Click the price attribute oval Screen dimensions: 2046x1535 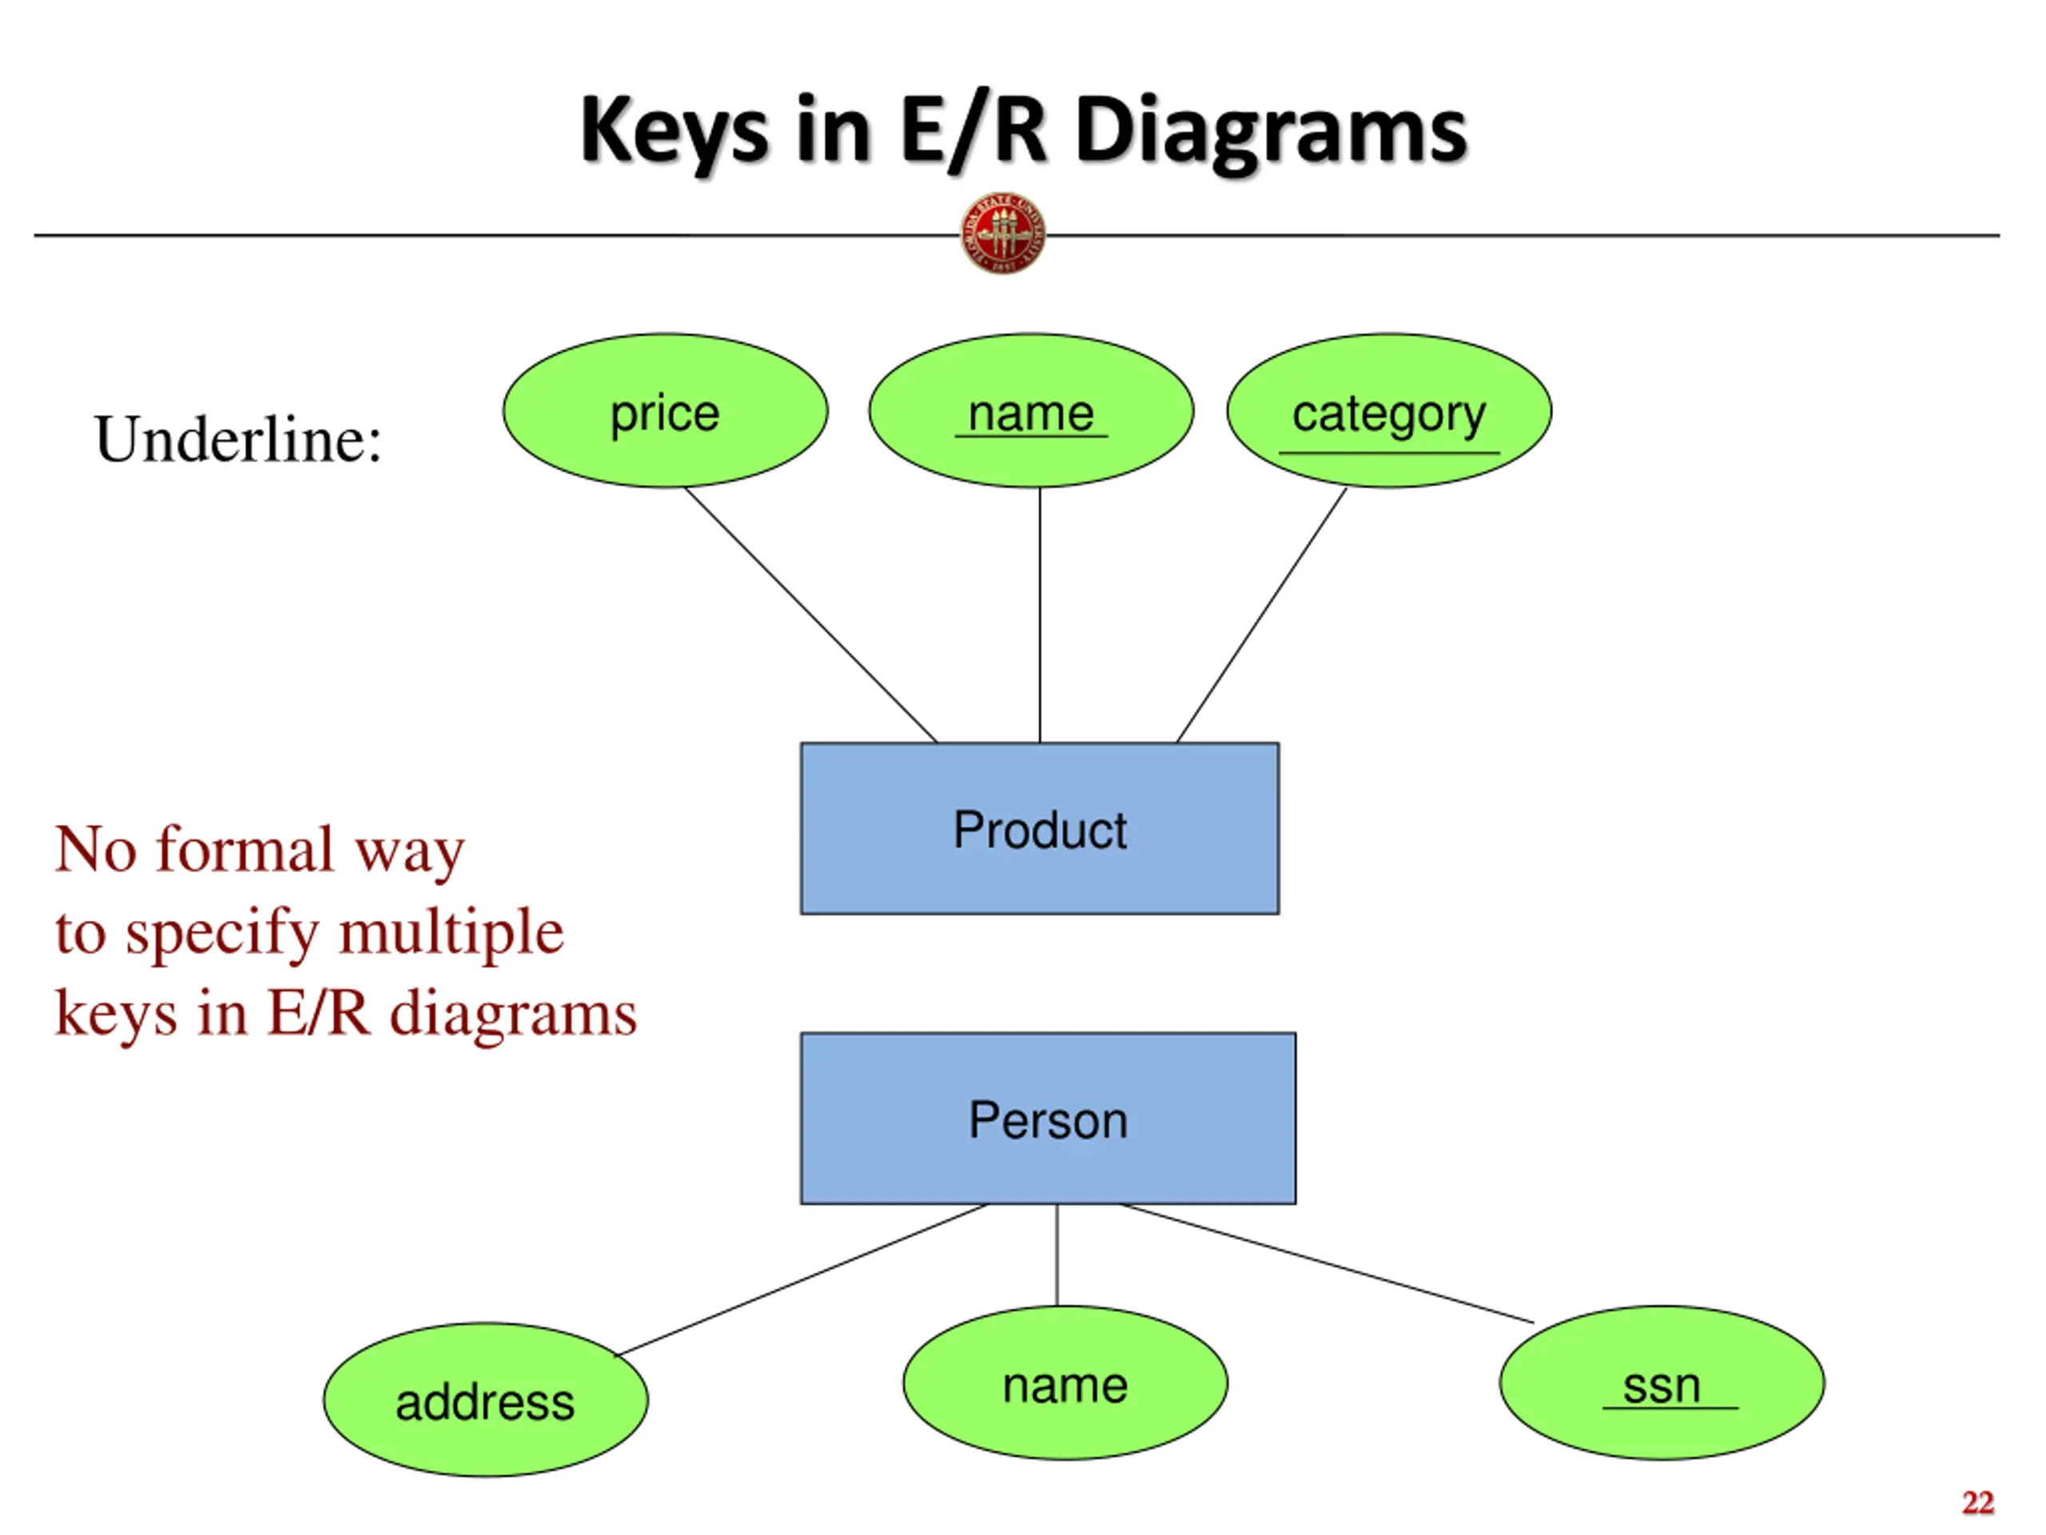click(665, 411)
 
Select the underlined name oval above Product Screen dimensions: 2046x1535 click(1031, 411)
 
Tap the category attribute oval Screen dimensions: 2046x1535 click(1389, 411)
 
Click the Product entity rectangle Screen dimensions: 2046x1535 click(1040, 828)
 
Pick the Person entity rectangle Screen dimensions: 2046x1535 click(1048, 1118)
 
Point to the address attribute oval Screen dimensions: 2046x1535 click(486, 1400)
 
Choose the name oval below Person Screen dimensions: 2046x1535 click(1065, 1383)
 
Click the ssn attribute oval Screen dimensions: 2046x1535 click(1662, 1383)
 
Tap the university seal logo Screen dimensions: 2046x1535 click(1004, 233)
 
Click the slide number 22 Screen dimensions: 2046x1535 click(1977, 1501)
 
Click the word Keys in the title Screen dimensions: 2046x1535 click(675, 131)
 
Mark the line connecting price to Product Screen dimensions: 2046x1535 click(810, 614)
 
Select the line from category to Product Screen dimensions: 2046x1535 click(1262, 614)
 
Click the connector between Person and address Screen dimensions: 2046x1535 click(802, 1280)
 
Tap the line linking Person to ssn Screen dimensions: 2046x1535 click(1327, 1263)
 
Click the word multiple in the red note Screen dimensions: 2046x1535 click(451, 933)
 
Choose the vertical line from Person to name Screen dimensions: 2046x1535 click(1057, 1255)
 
